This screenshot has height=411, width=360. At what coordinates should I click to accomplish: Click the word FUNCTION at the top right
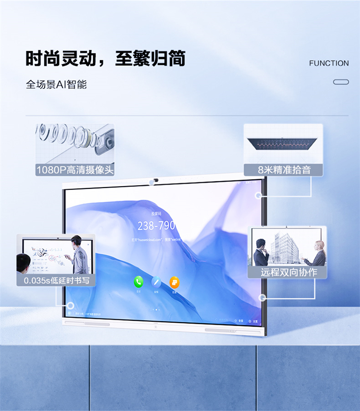point(329,63)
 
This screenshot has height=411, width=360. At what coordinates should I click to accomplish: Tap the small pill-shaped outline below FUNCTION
point(341,82)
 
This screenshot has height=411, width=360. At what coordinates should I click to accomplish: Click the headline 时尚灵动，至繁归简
point(105,59)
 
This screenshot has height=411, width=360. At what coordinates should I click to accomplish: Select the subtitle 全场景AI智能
point(56,85)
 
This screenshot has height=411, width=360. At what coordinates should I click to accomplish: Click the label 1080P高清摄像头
point(75,170)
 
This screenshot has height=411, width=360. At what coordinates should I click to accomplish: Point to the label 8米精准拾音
point(283,170)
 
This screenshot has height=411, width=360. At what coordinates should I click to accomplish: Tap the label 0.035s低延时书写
point(56,280)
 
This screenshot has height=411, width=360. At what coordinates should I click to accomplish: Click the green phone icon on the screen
point(139,282)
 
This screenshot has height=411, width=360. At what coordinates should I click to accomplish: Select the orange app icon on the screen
point(174,282)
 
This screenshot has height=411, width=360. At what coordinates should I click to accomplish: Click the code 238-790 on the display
point(156,225)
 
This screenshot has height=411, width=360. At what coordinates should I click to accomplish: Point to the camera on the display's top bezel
point(156,181)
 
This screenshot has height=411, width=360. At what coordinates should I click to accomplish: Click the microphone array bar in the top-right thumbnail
point(283,143)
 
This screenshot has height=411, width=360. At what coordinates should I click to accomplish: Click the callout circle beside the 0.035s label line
point(71,305)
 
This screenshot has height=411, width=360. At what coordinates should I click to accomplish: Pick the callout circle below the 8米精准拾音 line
point(259,195)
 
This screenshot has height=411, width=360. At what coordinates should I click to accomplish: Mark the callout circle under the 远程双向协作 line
point(262,297)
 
